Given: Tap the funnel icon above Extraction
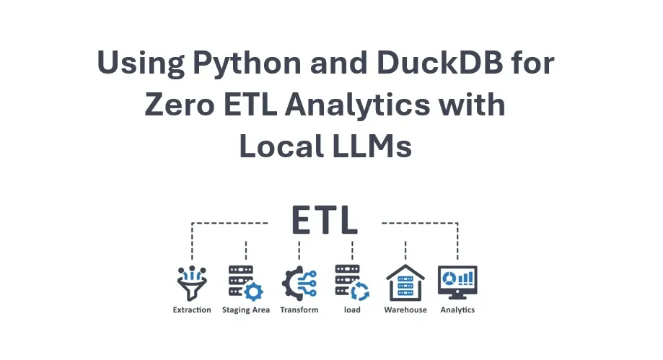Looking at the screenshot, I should tap(192, 282).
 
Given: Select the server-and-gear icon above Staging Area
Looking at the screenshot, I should tap(245, 282).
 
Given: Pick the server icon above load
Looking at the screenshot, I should tap(352, 282).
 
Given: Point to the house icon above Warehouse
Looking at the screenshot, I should tap(405, 282).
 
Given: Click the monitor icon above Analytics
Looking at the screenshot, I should tap(457, 282).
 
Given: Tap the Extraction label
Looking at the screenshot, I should tap(192, 310).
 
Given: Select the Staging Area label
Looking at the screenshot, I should tap(245, 310).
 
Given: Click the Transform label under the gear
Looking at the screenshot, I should tap(299, 310).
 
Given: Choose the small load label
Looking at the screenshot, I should tap(352, 310).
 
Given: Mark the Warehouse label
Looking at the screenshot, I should tap(405, 310).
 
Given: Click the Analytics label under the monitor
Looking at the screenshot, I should tap(457, 310).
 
